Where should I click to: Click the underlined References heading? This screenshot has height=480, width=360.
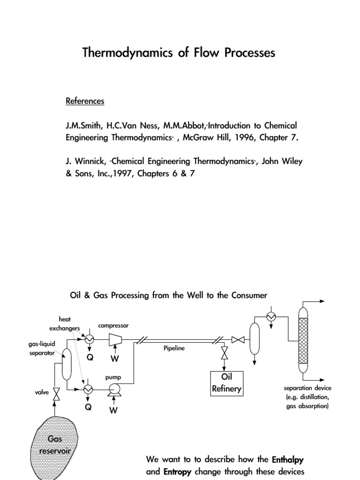click(x=85, y=101)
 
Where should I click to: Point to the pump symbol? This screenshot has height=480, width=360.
click(x=113, y=389)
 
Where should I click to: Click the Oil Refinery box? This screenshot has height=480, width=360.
click(x=226, y=383)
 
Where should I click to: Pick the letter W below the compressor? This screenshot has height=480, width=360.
click(x=115, y=359)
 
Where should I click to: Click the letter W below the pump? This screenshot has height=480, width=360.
click(x=113, y=410)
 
